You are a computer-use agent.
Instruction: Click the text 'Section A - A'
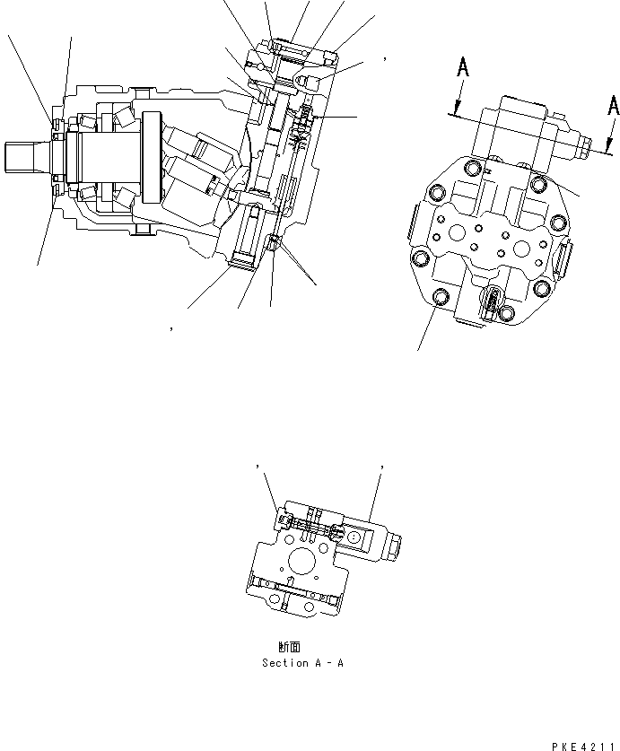point(302,663)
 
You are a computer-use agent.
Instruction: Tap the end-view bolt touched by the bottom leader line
point(440,298)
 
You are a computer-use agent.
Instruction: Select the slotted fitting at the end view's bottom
point(493,303)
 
